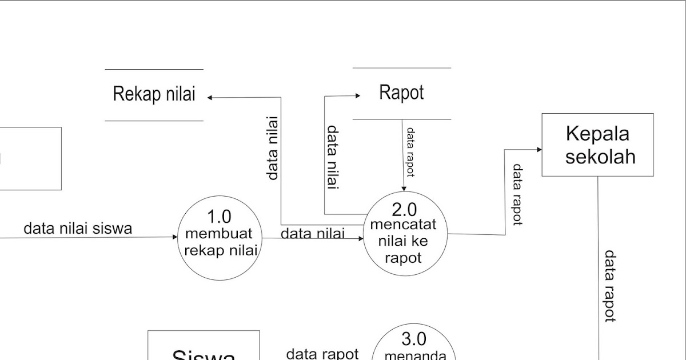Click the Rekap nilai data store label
pos(154,94)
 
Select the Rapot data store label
pos(401,93)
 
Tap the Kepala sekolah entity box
pos(597,145)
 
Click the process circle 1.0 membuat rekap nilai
pos(220,238)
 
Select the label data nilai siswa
pos(78,229)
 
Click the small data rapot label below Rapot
pos(410,151)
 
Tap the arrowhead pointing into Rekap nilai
pos(210,98)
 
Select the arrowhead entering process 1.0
pos(175,237)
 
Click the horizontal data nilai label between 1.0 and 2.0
pos(313,233)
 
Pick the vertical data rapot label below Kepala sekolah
pos(609,286)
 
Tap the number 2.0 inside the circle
pos(404,210)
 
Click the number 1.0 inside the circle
pos(219,217)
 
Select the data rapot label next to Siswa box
pos(322,354)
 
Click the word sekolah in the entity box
pos(600,156)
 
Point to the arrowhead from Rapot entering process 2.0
pos(404,189)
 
